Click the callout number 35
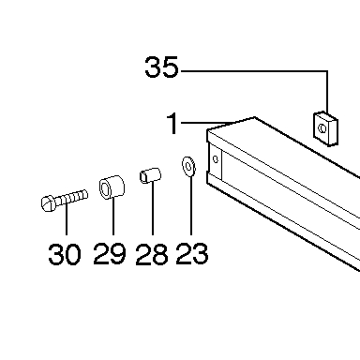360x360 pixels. click(x=161, y=67)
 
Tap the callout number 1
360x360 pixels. click(x=172, y=123)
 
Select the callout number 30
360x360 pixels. click(x=65, y=254)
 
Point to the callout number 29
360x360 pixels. click(x=110, y=254)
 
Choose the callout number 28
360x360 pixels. click(x=152, y=254)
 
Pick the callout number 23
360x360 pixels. click(x=192, y=253)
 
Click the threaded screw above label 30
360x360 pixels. click(x=65, y=200)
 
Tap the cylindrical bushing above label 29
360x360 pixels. click(x=112, y=187)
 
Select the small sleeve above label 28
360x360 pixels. click(x=150, y=175)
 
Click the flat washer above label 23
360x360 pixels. click(x=188, y=166)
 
